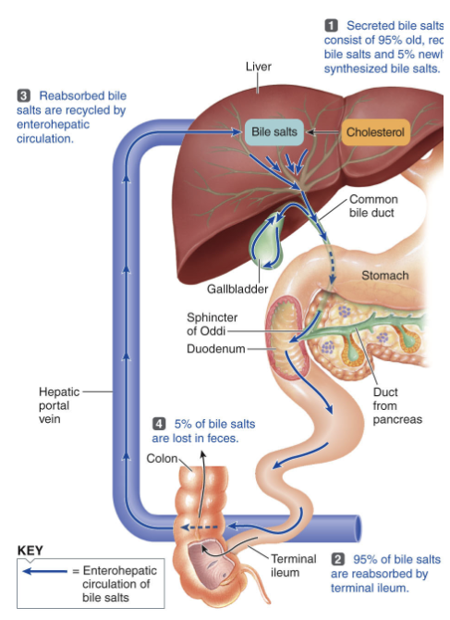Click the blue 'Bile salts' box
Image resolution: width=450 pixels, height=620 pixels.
(x=274, y=132)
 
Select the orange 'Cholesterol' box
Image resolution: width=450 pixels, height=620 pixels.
(x=376, y=132)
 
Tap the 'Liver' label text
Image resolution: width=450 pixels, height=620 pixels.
(x=259, y=68)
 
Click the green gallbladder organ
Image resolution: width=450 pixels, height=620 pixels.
(x=269, y=242)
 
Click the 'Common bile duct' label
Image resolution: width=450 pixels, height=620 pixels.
(x=373, y=205)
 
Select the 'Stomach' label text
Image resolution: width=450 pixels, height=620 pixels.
(x=384, y=276)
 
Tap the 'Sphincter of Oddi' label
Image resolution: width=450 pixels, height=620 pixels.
(x=212, y=324)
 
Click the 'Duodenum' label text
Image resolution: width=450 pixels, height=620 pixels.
(x=215, y=349)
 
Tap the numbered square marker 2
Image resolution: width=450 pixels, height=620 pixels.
(x=337, y=559)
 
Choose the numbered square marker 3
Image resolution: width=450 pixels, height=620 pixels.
(x=24, y=95)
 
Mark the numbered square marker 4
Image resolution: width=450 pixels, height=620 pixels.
(x=158, y=424)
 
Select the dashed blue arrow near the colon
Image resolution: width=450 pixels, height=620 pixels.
(x=199, y=526)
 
